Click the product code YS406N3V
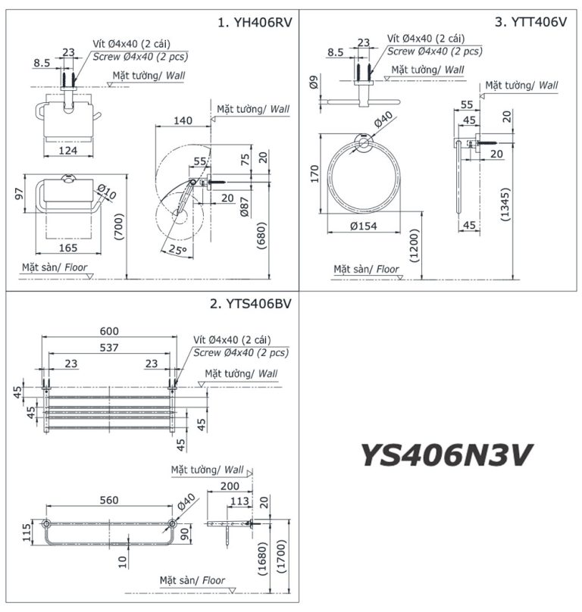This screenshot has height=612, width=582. pos(446,455)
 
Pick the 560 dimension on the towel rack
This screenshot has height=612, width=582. pos(109,500)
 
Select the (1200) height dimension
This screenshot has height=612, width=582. pos(414,245)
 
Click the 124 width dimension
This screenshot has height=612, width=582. pos(68,151)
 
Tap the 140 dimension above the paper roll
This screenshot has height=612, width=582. pos(182,120)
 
